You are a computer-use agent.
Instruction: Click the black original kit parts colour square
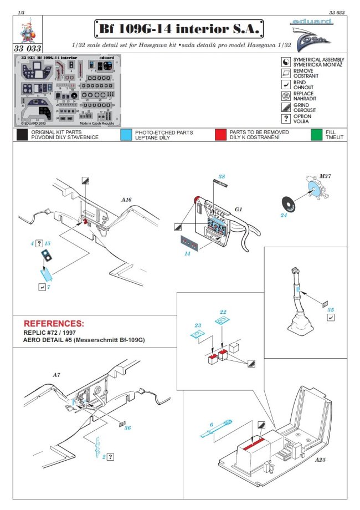[22, 135]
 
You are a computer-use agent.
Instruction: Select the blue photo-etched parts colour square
[126, 135]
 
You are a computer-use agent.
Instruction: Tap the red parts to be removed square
[221, 135]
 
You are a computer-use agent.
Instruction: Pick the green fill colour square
[316, 135]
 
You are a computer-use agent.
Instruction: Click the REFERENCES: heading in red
[54, 323]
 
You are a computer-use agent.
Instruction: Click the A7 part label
[56, 375]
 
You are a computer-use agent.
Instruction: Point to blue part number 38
[222, 176]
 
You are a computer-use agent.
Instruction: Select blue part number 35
[331, 310]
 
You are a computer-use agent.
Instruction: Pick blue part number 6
[211, 425]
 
